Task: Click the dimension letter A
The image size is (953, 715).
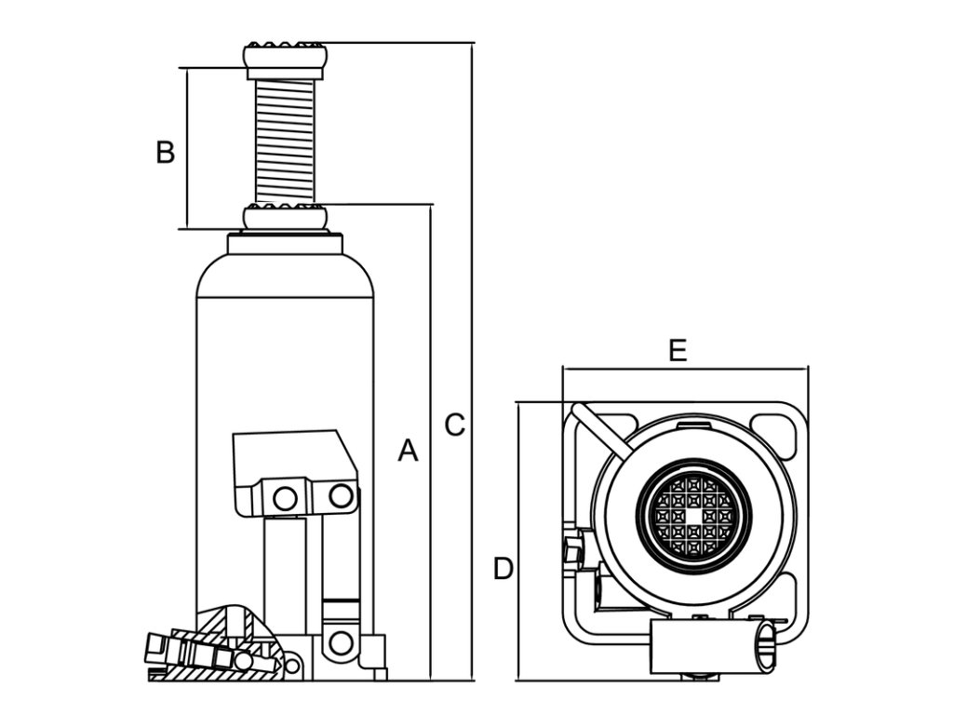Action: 408,451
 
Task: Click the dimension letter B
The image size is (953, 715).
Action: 166,152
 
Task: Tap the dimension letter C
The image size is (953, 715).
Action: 454,425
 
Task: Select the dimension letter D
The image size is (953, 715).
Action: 503,569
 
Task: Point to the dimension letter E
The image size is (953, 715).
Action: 678,351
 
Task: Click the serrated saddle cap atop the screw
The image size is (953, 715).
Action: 285,60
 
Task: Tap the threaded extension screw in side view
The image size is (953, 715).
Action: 285,142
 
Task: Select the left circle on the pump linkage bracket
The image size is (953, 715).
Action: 285,499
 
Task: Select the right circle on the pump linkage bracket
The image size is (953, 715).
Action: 341,495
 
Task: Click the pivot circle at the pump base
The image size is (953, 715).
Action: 341,642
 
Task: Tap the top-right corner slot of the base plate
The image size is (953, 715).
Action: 773,435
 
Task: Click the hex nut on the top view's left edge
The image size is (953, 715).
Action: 572,549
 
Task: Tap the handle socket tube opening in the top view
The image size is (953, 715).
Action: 765,646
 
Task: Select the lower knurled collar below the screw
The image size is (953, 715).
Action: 285,218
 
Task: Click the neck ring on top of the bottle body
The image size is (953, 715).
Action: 285,243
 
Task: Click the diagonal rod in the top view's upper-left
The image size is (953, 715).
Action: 602,430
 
